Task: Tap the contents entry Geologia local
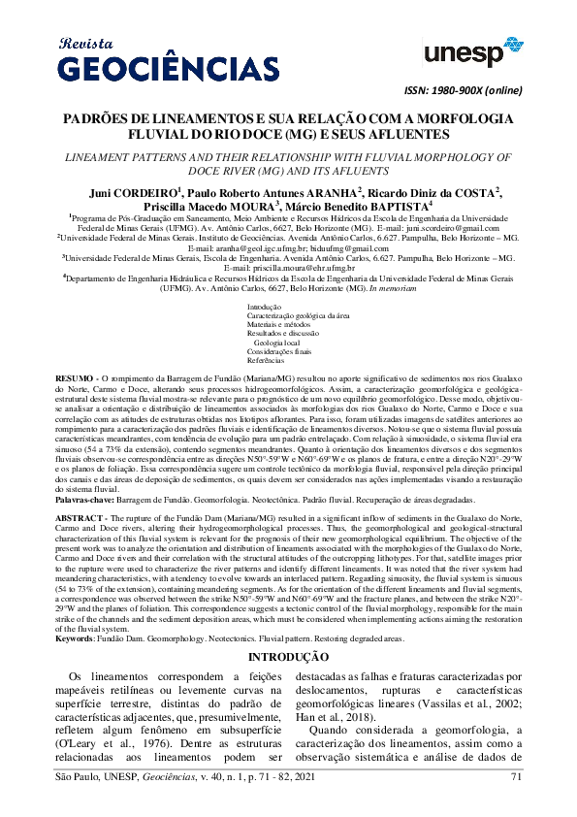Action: click(276, 342)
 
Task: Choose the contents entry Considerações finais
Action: click(277, 350)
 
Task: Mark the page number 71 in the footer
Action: click(516, 802)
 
